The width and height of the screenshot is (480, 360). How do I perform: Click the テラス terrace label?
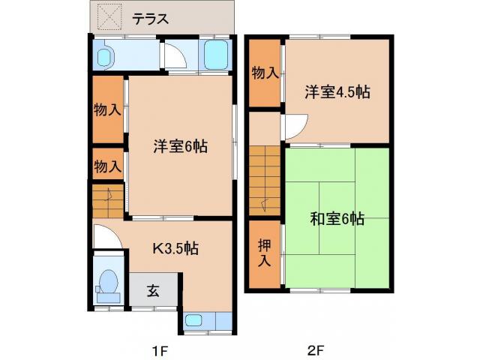[150, 18]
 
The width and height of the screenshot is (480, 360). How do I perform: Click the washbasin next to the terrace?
[105, 54]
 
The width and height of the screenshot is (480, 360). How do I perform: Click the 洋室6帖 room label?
[180, 146]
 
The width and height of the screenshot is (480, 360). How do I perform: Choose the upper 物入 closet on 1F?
[106, 109]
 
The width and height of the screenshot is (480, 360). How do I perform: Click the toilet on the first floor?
[108, 283]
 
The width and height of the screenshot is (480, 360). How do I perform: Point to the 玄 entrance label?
[153, 289]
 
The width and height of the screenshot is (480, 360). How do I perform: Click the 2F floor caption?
[315, 350]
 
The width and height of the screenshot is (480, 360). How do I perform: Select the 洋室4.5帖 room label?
[337, 92]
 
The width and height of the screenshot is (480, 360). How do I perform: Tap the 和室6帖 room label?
[337, 219]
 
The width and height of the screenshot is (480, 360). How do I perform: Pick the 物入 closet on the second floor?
[264, 73]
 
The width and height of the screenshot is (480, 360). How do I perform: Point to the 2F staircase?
[264, 180]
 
